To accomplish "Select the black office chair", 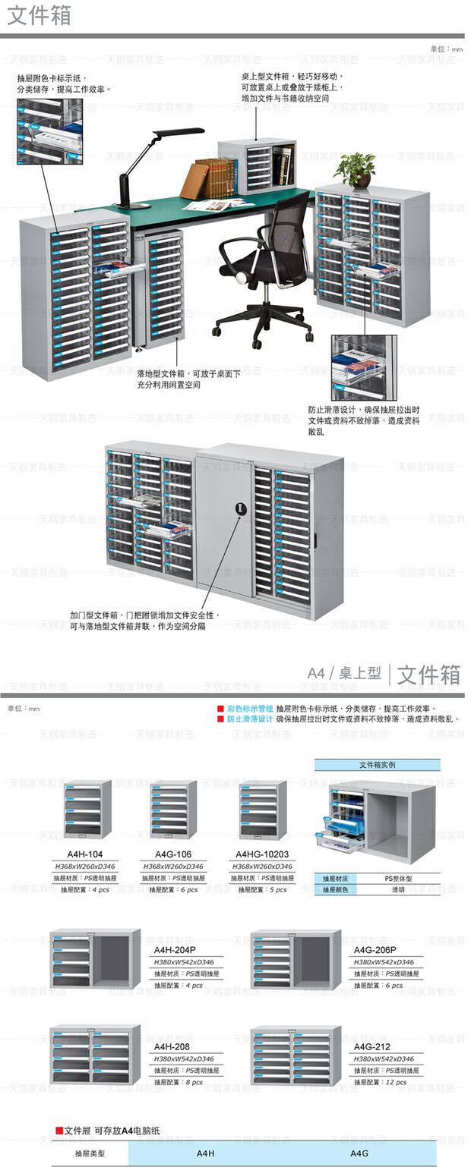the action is click(265, 266).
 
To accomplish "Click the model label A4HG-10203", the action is click(262, 854).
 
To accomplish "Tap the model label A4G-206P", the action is click(375, 949).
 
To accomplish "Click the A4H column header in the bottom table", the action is click(206, 1153).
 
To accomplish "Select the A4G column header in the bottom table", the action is click(359, 1153).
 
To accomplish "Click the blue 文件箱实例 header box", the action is click(377, 765).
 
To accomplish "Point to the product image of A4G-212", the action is click(296, 1055).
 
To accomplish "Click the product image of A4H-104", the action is click(87, 809).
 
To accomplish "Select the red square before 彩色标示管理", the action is click(220, 709).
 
